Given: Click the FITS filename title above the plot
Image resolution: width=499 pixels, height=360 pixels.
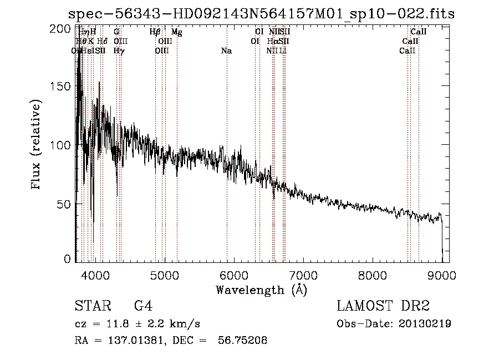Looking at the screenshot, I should pos(261,14).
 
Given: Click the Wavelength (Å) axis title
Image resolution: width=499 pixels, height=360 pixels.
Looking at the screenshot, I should pos(261,290).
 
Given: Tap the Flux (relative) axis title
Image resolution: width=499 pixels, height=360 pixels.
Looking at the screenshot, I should pos(37,145).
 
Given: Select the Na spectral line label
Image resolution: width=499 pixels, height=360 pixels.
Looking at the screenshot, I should pos(226,51).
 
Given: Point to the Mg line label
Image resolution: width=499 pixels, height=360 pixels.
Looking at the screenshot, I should pos(176,33).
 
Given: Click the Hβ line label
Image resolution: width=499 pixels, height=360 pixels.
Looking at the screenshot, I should pos(155,33).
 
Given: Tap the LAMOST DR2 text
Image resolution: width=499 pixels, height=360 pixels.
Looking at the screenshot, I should pos(383,306).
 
